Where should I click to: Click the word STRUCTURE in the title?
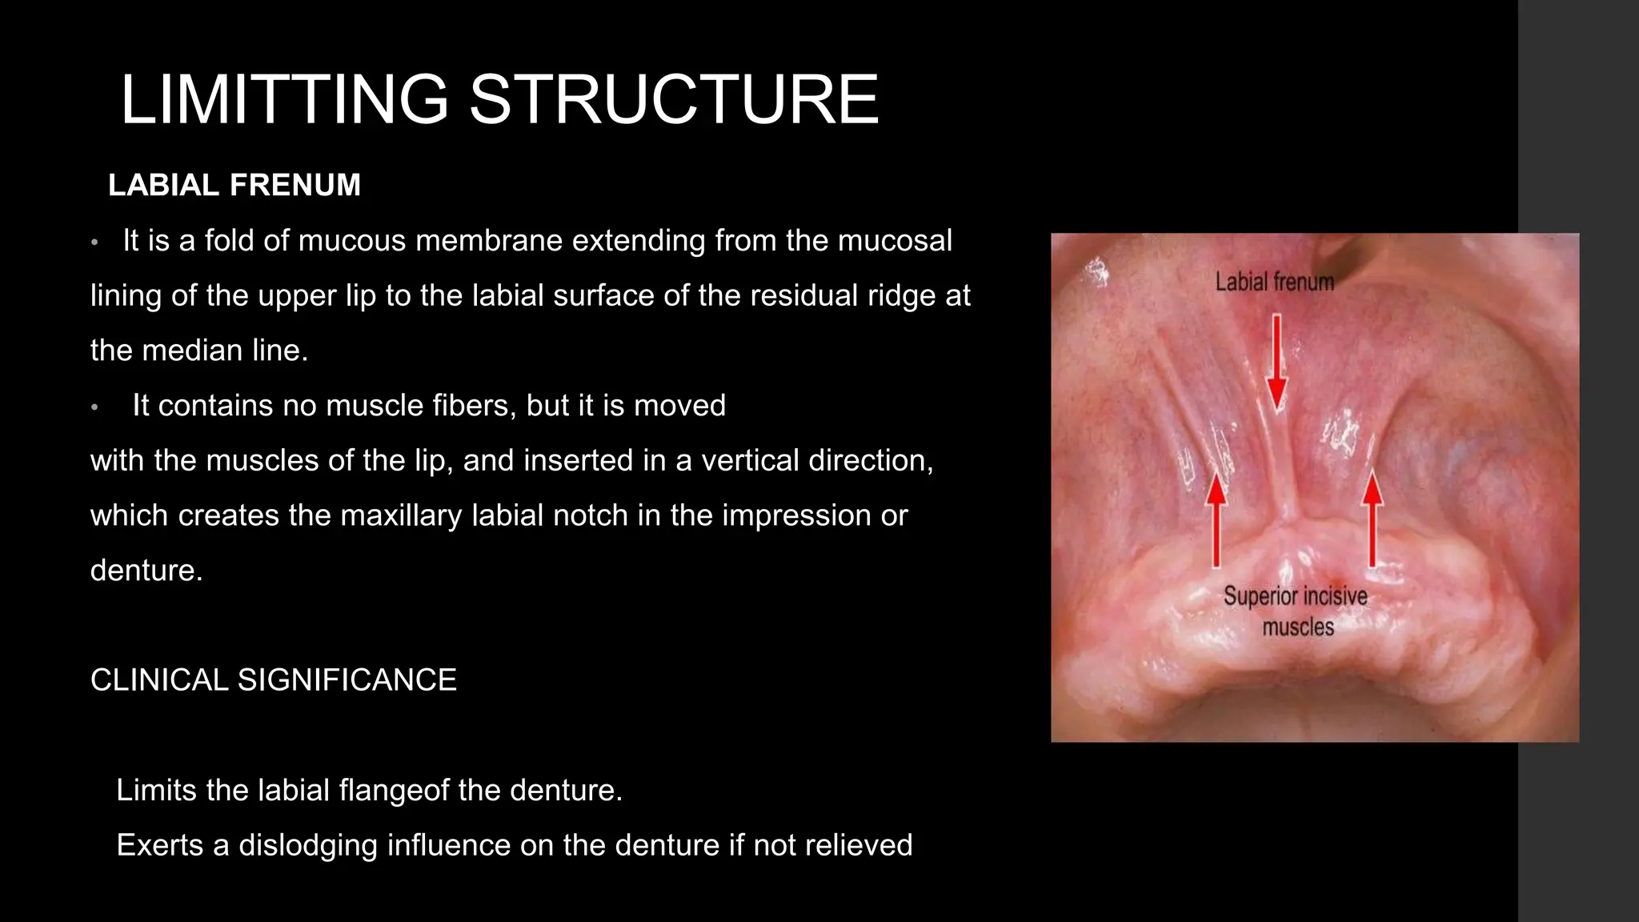[x=674, y=99]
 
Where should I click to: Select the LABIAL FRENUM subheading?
[x=234, y=185]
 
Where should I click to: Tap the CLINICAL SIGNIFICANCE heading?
[x=273, y=679]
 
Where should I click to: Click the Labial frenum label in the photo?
[x=1274, y=282]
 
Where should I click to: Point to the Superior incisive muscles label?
[x=1296, y=611]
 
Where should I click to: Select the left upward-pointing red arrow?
[x=1216, y=519]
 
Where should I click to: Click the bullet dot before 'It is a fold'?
[x=94, y=242]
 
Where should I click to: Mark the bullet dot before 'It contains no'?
[x=94, y=407]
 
